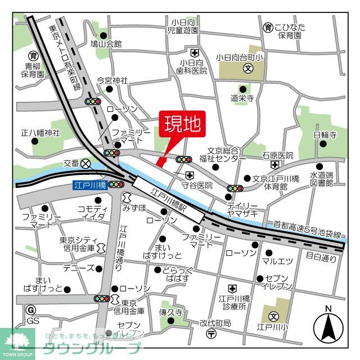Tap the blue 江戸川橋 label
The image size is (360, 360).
point(89,184)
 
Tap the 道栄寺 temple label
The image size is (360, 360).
point(242,97)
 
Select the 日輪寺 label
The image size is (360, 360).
point(325,135)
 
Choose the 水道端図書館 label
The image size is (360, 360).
point(322,179)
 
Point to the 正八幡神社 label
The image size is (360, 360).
point(40,133)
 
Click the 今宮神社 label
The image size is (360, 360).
point(112,80)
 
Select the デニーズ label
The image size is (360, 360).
point(78,268)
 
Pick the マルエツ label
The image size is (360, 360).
point(278,260)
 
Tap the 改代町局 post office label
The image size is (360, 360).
point(215,323)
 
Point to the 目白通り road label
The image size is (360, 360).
point(321,258)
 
